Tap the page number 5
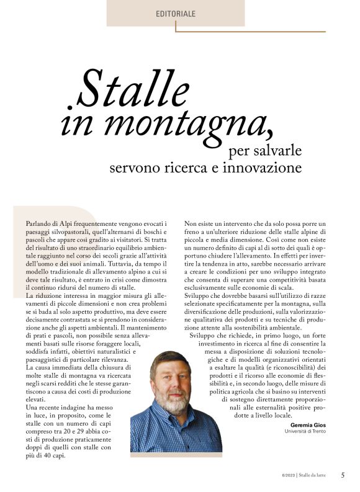pos(343,475)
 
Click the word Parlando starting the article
pos(39,222)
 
